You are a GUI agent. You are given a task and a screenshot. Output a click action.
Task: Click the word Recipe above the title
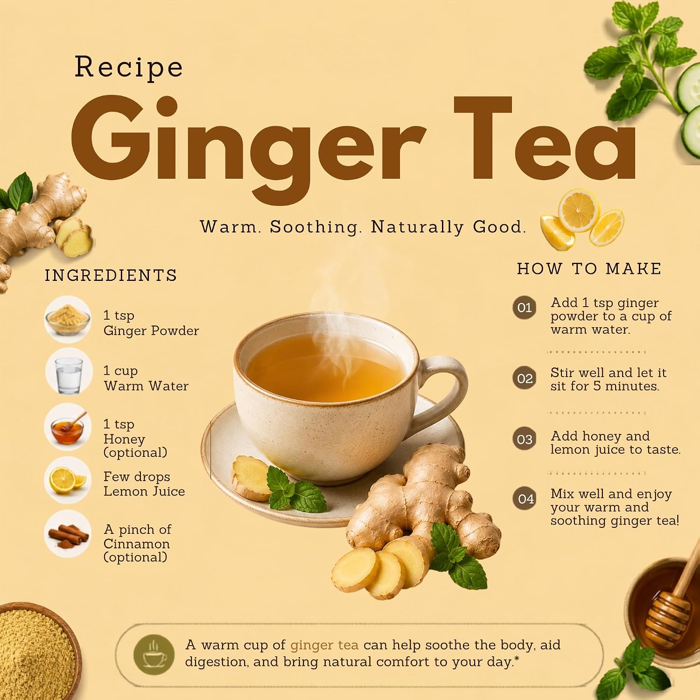[129, 67]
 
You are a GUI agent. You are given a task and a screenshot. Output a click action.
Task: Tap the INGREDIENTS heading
[111, 275]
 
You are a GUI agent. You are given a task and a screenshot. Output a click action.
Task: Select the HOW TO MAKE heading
[589, 269]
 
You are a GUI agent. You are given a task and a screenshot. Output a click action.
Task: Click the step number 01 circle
[525, 308]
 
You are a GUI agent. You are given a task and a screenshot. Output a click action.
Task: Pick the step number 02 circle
[525, 378]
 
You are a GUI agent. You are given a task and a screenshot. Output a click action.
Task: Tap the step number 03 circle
[525, 439]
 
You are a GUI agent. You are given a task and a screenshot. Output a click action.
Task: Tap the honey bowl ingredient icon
[68, 427]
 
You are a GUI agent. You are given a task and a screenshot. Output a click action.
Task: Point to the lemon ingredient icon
[68, 480]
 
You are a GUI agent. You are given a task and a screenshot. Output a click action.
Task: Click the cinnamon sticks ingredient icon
[68, 534]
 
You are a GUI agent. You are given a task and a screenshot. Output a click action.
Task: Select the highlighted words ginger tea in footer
[324, 645]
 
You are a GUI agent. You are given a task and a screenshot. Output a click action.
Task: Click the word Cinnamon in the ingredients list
[137, 544]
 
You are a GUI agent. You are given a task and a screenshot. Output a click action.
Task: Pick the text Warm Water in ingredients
[146, 386]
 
